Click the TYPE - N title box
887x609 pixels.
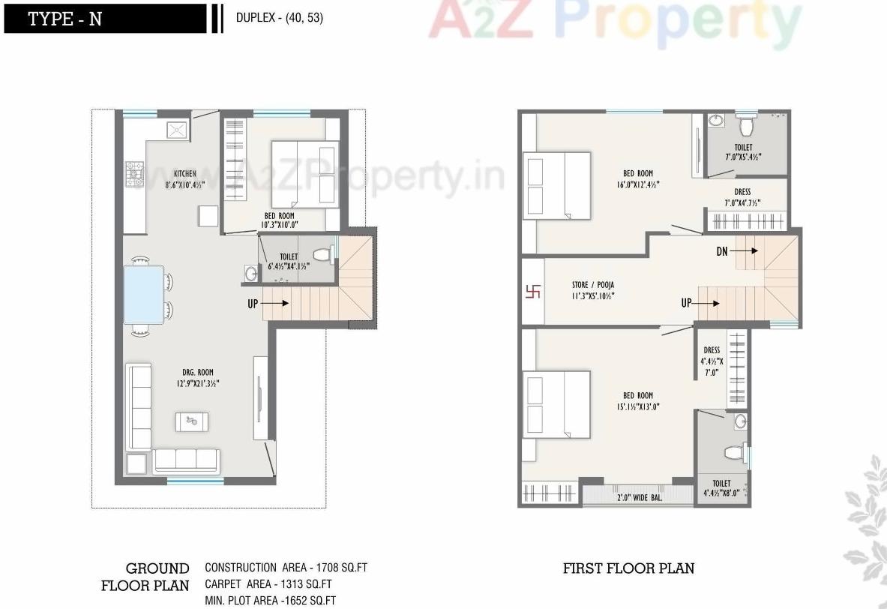(x=104, y=19)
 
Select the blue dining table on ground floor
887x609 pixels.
(x=145, y=293)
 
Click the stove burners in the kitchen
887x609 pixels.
(x=135, y=175)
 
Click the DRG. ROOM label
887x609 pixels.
(x=198, y=372)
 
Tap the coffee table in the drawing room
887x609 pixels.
(x=193, y=421)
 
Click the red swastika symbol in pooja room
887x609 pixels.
(x=532, y=291)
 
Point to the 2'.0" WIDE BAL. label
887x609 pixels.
(x=639, y=496)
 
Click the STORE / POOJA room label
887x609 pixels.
(x=592, y=285)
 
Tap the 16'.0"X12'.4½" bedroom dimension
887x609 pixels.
(x=638, y=184)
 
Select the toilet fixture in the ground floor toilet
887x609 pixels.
(x=322, y=254)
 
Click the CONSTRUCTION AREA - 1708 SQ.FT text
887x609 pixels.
(x=286, y=568)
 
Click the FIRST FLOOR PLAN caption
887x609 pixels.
(x=628, y=568)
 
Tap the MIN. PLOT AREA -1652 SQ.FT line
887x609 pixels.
(x=270, y=601)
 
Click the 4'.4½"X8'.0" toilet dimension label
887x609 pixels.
(x=721, y=494)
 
